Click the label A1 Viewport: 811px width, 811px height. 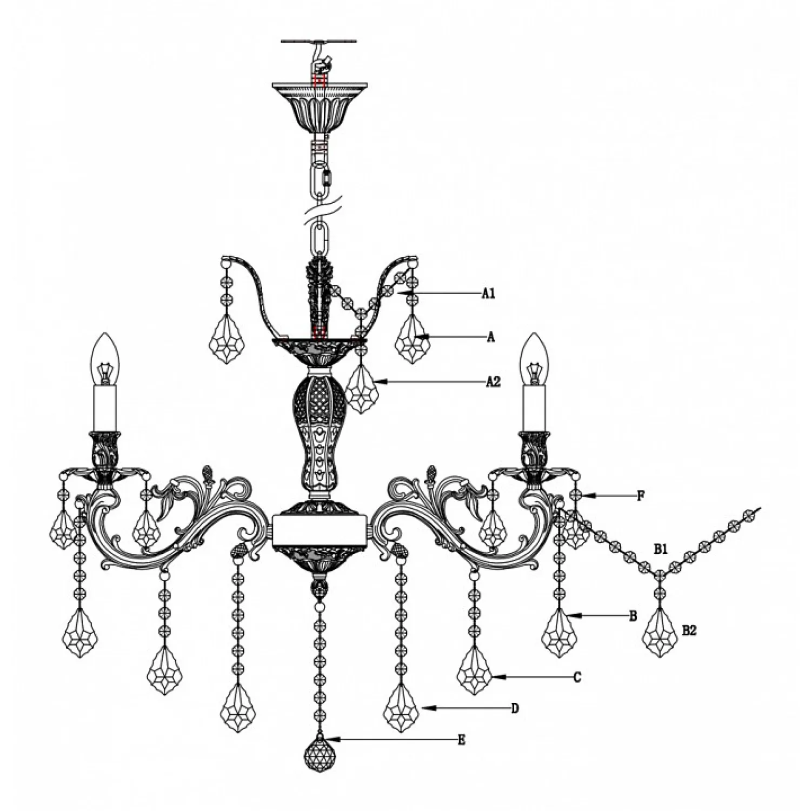489,294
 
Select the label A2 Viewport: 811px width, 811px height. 493,382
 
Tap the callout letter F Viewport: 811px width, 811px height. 641,495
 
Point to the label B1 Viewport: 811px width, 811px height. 661,550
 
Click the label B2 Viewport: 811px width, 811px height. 689,630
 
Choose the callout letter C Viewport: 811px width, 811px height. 577,677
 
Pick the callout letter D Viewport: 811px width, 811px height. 515,708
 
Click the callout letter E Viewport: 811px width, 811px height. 461,740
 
